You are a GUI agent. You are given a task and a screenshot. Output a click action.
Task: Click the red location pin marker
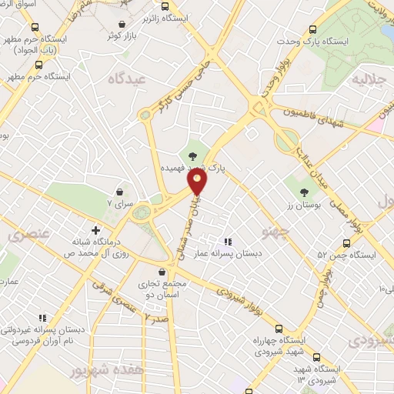[x=199, y=182]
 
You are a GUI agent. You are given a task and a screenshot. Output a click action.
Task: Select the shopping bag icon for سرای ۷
[x=120, y=192]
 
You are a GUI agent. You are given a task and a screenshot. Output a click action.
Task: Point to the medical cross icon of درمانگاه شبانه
[x=95, y=229]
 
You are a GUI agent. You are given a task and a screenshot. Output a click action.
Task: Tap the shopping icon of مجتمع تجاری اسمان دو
[x=161, y=272]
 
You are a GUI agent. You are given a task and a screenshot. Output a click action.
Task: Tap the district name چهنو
[x=274, y=231]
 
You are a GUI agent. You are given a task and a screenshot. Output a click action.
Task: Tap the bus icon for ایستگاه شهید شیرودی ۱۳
[x=297, y=360]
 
